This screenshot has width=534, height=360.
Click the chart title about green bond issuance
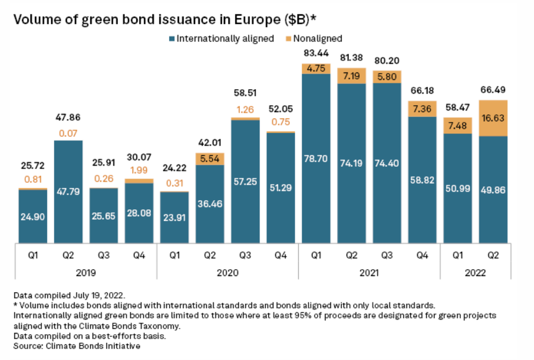(x=165, y=19)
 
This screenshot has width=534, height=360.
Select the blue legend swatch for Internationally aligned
(x=171, y=39)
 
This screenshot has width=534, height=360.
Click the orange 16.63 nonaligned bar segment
(x=493, y=118)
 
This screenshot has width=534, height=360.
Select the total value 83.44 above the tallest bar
(x=316, y=53)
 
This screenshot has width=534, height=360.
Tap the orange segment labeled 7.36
(x=422, y=109)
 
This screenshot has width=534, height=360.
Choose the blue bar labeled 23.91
(x=174, y=217)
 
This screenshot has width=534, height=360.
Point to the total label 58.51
(x=245, y=93)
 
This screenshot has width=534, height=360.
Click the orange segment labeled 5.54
(x=210, y=159)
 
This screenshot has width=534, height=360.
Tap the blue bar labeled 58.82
(x=422, y=179)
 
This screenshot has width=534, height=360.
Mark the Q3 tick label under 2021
(x=387, y=254)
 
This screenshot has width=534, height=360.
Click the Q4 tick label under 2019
(x=139, y=254)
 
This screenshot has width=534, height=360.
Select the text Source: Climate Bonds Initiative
(x=77, y=347)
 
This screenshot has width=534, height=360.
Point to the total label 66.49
(x=493, y=90)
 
